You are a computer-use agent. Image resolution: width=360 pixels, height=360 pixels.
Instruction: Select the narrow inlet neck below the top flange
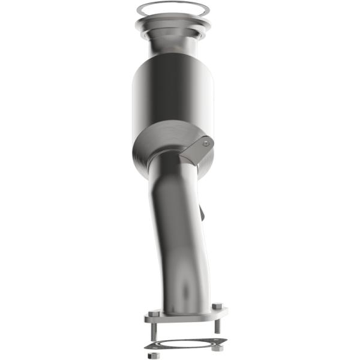[x=173, y=45]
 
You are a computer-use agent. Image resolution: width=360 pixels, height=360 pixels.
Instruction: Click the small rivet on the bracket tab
[x=206, y=143]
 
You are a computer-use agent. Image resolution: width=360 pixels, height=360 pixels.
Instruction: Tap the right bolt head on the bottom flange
[x=217, y=307]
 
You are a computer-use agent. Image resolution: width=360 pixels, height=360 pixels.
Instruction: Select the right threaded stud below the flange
[x=217, y=325]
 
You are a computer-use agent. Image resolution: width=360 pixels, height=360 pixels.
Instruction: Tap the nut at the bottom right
[x=218, y=347]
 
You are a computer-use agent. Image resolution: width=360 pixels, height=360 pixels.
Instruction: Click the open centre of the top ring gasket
[x=173, y=8]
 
